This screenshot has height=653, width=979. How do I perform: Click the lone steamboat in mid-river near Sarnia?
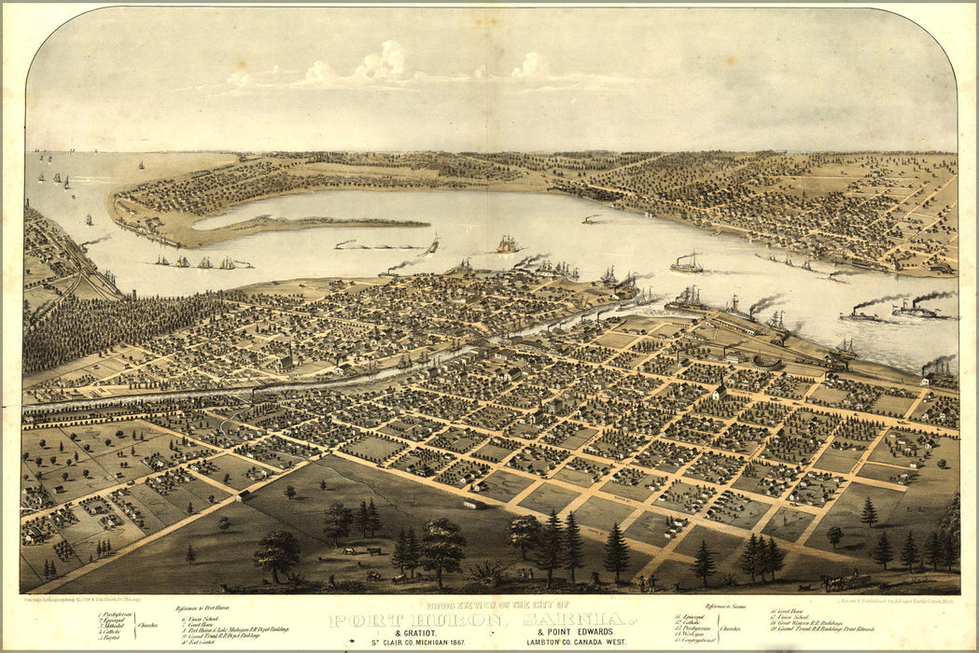click(687, 265)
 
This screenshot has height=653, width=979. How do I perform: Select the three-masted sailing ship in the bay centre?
click(507, 245)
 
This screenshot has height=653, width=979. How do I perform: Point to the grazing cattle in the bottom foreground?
click(359, 552)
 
